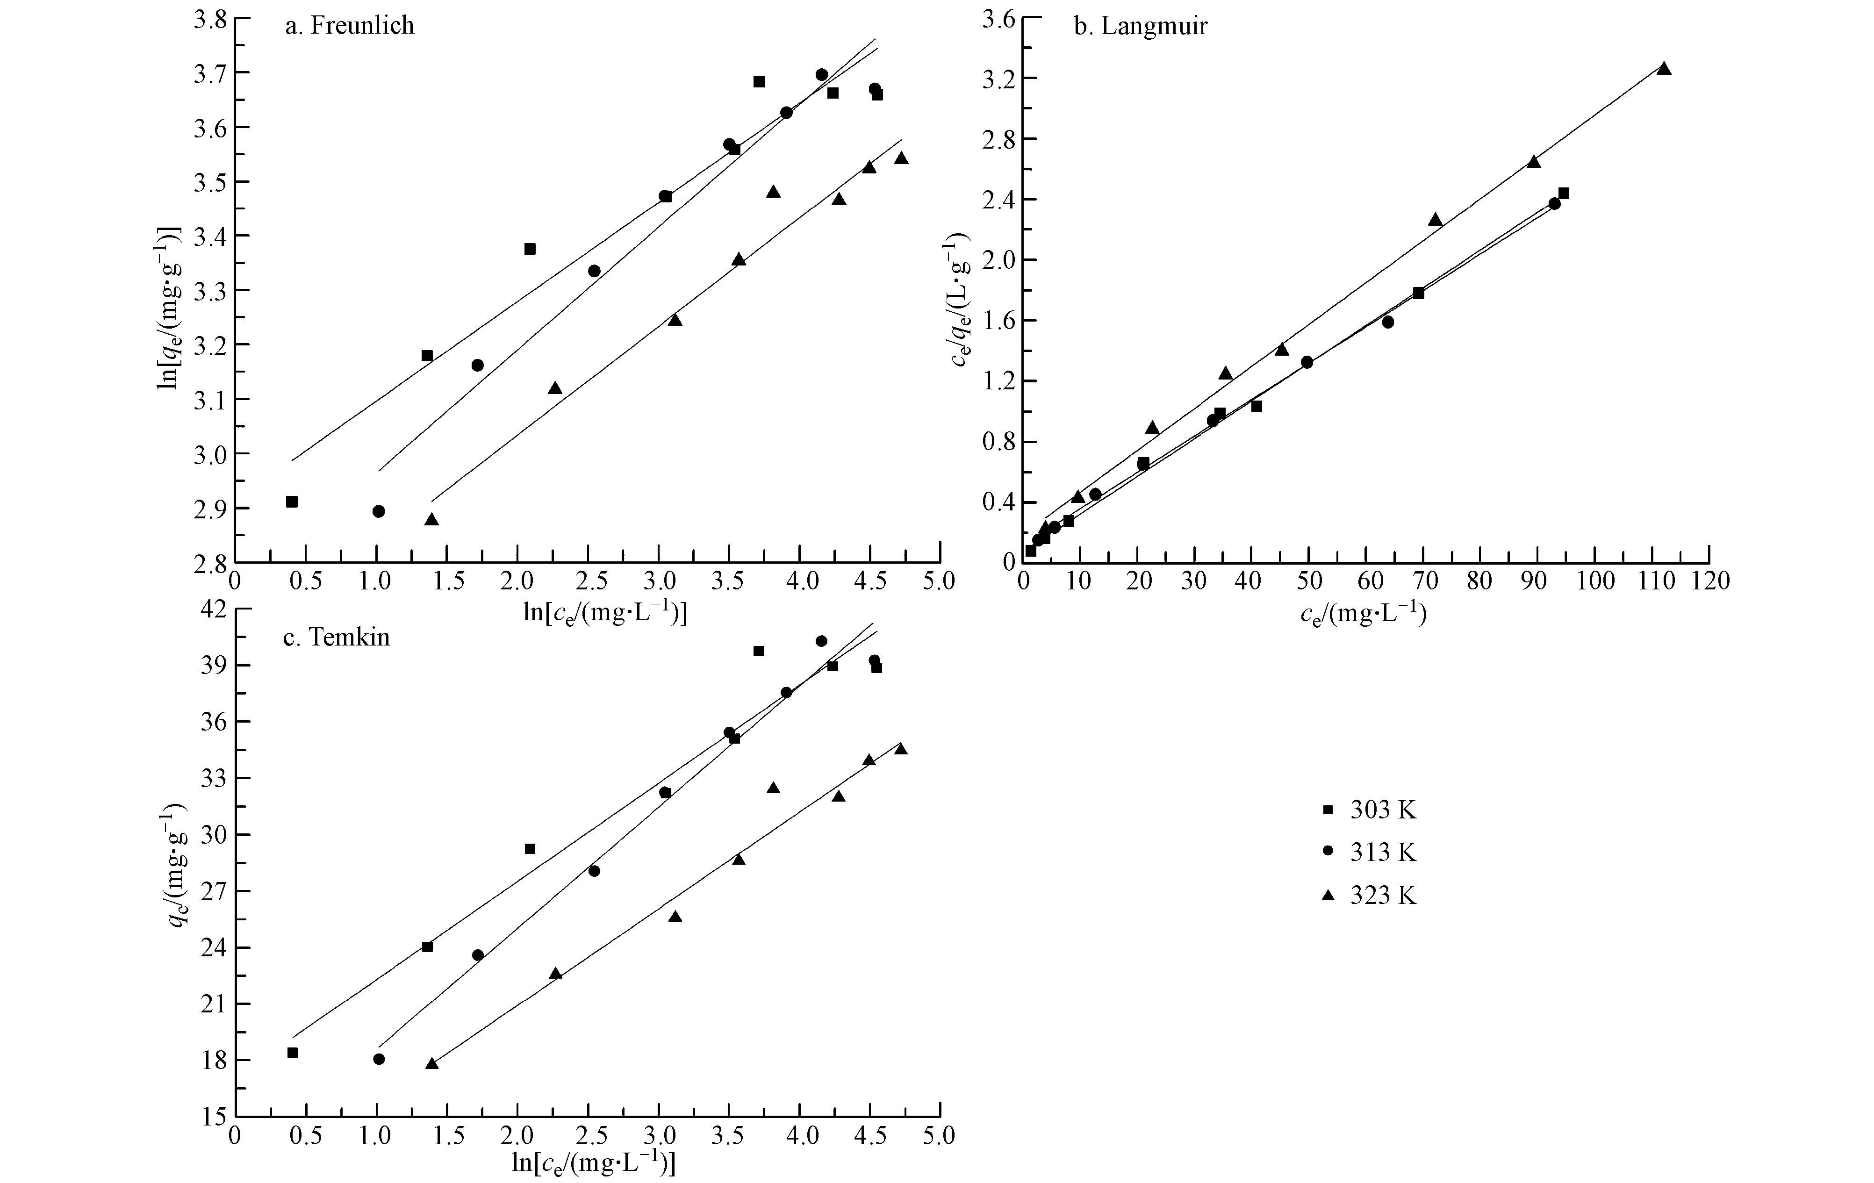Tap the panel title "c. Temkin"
[336, 638]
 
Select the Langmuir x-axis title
[1364, 614]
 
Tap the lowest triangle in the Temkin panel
[432, 1063]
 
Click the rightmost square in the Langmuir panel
[1564, 193]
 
